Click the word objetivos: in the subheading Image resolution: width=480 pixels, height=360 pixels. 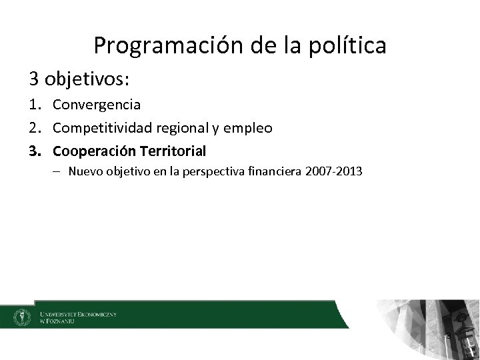(x=89, y=80)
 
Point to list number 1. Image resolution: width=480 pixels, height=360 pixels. (x=35, y=105)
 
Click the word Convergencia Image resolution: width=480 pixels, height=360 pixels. (x=97, y=105)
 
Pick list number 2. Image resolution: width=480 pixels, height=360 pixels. (x=35, y=127)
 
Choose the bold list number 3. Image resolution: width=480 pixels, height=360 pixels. (x=35, y=149)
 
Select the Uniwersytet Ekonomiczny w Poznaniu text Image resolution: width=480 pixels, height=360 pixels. (x=77, y=317)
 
